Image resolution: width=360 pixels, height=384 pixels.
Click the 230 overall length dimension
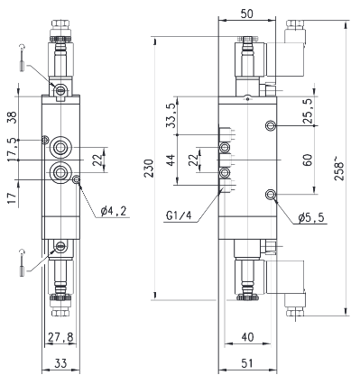150,169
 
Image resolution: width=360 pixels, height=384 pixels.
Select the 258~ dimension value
339,171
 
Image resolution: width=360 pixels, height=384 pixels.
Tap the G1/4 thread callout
179,216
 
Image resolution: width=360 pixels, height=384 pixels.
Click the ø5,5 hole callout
311,217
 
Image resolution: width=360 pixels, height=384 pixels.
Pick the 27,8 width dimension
60,337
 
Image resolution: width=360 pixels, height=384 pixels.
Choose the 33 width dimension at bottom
60,363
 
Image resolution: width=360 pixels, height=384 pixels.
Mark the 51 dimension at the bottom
247,363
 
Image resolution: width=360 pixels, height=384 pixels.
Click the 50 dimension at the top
247,14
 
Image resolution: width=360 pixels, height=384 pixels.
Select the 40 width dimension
247,337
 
